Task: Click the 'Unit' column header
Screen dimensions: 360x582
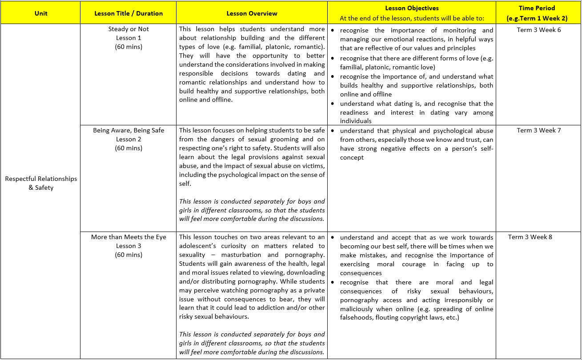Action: pos(40,13)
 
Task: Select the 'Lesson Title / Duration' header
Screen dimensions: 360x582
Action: pos(128,13)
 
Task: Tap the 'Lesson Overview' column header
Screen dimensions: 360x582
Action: pos(252,13)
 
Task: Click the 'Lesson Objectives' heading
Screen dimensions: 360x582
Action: pos(412,8)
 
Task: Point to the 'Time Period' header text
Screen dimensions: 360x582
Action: pos(537,8)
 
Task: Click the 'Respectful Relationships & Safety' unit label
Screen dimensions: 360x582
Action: pos(41,183)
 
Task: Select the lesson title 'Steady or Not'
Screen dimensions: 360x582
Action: pos(128,29)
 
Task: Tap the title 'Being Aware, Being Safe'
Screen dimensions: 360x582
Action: pos(128,131)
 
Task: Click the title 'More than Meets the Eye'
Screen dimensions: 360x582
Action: pos(128,237)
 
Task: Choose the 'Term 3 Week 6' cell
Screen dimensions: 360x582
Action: pos(539,30)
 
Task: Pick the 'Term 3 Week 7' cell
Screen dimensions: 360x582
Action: pos(539,131)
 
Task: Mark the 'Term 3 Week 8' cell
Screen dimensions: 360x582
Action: pos(530,237)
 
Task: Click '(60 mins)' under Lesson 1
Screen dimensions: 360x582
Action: pos(128,47)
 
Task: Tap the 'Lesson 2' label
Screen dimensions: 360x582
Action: pos(128,139)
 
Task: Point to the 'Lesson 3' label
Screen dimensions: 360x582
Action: pos(128,246)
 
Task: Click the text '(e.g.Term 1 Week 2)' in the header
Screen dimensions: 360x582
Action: pos(537,19)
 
